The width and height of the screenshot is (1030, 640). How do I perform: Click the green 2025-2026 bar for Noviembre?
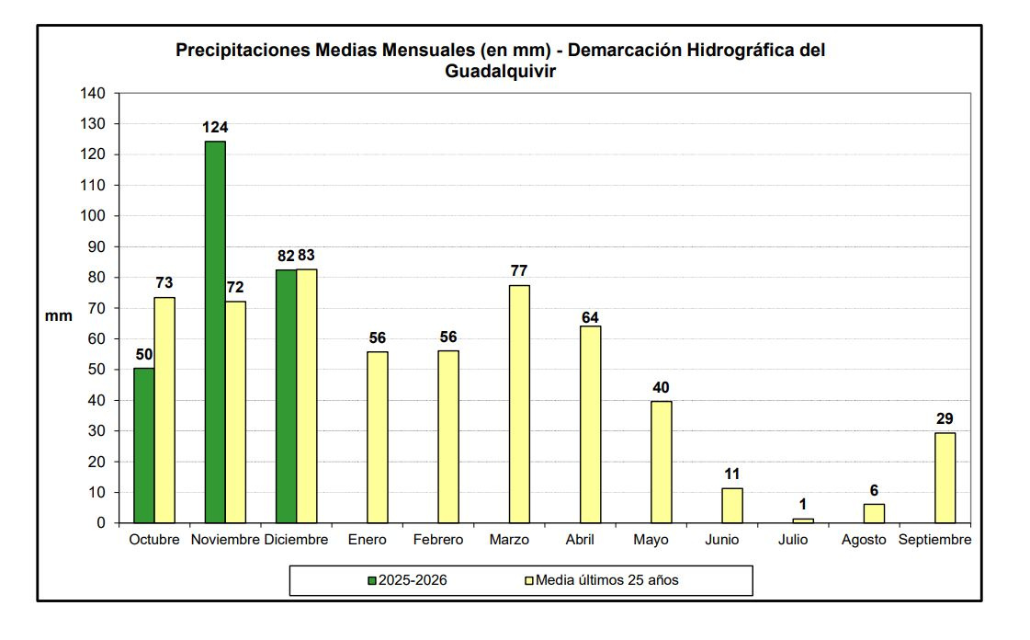(x=215, y=332)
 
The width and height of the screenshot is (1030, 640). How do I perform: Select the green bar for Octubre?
(x=144, y=445)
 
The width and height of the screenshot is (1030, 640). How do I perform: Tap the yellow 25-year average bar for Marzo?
(x=519, y=404)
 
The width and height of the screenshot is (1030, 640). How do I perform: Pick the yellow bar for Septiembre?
(x=945, y=477)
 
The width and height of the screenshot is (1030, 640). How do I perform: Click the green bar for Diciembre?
(x=286, y=396)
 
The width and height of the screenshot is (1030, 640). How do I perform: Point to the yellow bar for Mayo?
(x=662, y=462)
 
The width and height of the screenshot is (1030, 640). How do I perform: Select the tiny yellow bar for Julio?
(x=803, y=520)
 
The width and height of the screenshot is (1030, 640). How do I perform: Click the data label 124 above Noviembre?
(x=215, y=128)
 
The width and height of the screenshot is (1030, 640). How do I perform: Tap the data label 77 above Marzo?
(x=519, y=271)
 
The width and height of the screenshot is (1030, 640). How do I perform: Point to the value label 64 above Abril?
(x=590, y=318)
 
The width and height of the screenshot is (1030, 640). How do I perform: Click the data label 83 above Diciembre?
(x=306, y=255)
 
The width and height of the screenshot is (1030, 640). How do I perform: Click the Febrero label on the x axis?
(x=438, y=540)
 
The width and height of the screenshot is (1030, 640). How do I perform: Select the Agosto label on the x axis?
(x=864, y=540)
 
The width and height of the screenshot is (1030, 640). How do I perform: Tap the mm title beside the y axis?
(x=59, y=315)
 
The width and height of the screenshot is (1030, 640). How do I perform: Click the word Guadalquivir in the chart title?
(x=501, y=72)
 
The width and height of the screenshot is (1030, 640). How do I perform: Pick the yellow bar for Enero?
(x=377, y=437)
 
